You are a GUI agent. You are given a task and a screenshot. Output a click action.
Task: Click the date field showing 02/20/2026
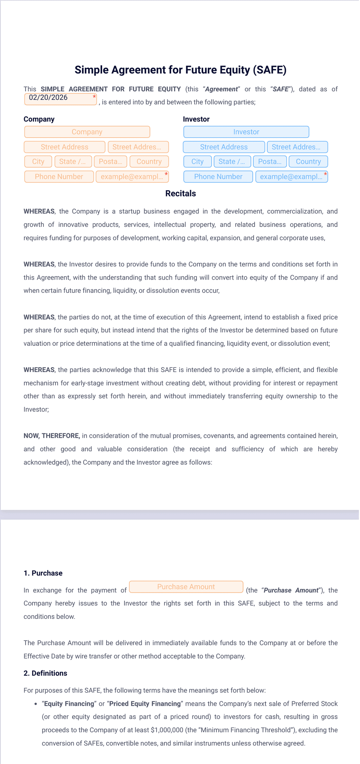tap(60, 99)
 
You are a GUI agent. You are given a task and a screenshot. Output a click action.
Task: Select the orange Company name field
tap(87, 132)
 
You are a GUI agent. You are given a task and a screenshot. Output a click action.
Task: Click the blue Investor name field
tap(246, 132)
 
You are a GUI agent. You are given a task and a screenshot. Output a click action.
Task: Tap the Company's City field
tap(38, 162)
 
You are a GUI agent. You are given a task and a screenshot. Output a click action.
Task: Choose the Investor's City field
tap(197, 162)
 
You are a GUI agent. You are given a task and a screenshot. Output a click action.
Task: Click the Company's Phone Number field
tap(59, 177)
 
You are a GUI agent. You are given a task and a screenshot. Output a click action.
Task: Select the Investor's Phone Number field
tap(218, 177)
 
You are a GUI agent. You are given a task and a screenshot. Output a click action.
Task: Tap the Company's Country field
tap(149, 162)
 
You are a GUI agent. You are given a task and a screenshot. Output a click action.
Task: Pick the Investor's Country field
tap(308, 162)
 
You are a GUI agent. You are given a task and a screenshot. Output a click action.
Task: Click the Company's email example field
tap(132, 177)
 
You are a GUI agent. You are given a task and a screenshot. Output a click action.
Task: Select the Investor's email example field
tap(291, 177)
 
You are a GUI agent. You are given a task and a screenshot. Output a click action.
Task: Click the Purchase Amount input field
tap(186, 587)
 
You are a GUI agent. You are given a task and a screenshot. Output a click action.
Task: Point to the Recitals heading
tap(180, 194)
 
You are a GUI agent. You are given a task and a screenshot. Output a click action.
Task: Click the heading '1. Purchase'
tap(43, 573)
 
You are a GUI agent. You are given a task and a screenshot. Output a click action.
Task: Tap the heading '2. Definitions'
tap(46, 673)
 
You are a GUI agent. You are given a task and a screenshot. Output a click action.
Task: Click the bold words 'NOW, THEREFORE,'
tap(52, 436)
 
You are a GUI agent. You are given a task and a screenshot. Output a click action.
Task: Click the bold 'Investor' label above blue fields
tap(196, 119)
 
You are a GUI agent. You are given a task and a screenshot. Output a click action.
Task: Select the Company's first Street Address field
tap(64, 147)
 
